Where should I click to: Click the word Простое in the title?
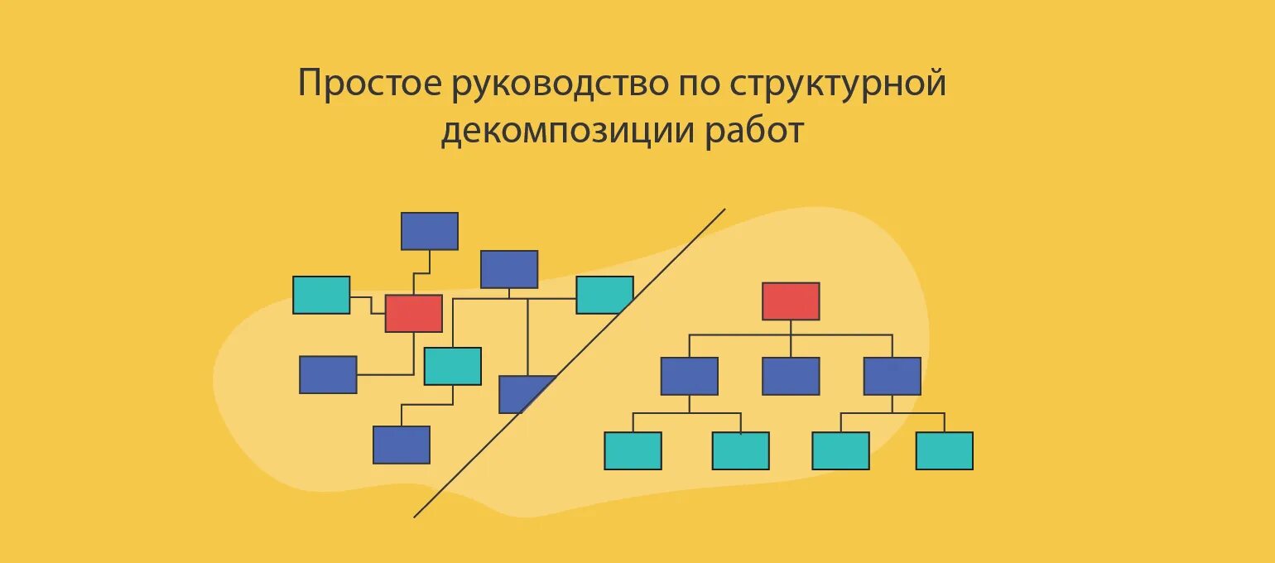(x=369, y=84)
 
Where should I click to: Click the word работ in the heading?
(x=754, y=132)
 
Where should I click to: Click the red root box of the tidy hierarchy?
(x=791, y=301)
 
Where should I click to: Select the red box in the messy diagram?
(x=413, y=313)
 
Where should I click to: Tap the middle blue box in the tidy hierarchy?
(x=791, y=376)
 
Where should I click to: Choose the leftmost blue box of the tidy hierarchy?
(x=689, y=376)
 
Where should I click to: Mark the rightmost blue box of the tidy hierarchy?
(x=892, y=376)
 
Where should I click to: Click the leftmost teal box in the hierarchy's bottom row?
(x=633, y=450)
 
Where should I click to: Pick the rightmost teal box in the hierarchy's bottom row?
(x=944, y=450)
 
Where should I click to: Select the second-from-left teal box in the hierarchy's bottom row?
(x=740, y=450)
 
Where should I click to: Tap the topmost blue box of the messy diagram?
(x=429, y=231)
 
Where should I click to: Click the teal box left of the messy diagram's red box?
(x=321, y=295)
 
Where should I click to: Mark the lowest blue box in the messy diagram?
(x=401, y=445)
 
